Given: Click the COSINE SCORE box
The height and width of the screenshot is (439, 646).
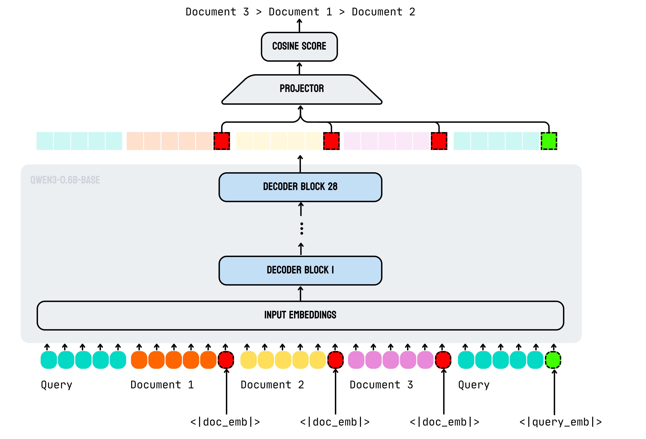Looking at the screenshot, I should [x=299, y=46].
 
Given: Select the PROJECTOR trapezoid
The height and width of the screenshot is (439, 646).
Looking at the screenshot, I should [x=302, y=89].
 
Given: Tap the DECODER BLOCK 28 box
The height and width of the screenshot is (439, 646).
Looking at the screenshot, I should [x=300, y=187].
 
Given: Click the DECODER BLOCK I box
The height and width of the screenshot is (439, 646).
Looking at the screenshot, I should [x=300, y=270].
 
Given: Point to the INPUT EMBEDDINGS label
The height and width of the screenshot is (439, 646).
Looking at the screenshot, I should [x=300, y=315].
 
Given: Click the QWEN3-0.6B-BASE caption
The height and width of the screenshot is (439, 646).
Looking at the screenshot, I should [x=65, y=180].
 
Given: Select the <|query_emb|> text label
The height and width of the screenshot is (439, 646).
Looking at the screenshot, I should [x=560, y=422].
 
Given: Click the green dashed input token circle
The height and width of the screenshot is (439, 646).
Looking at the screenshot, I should [x=553, y=360].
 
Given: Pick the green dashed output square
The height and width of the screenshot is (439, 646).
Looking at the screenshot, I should [x=549, y=141].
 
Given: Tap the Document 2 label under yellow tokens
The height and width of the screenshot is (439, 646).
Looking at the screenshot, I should [x=272, y=385].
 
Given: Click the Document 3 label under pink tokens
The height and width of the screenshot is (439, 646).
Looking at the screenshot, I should [x=381, y=385].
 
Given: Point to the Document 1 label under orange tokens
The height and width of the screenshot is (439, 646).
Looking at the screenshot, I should [x=162, y=385].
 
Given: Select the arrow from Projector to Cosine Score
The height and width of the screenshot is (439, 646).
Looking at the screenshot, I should [x=299, y=68].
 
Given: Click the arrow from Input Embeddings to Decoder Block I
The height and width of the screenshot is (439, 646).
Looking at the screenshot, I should [x=301, y=293].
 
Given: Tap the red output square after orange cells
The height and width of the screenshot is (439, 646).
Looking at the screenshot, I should [x=222, y=141].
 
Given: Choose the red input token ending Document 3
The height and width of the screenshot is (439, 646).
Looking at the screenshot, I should [x=443, y=360].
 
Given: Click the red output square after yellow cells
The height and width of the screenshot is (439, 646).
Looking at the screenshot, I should [x=331, y=141].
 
